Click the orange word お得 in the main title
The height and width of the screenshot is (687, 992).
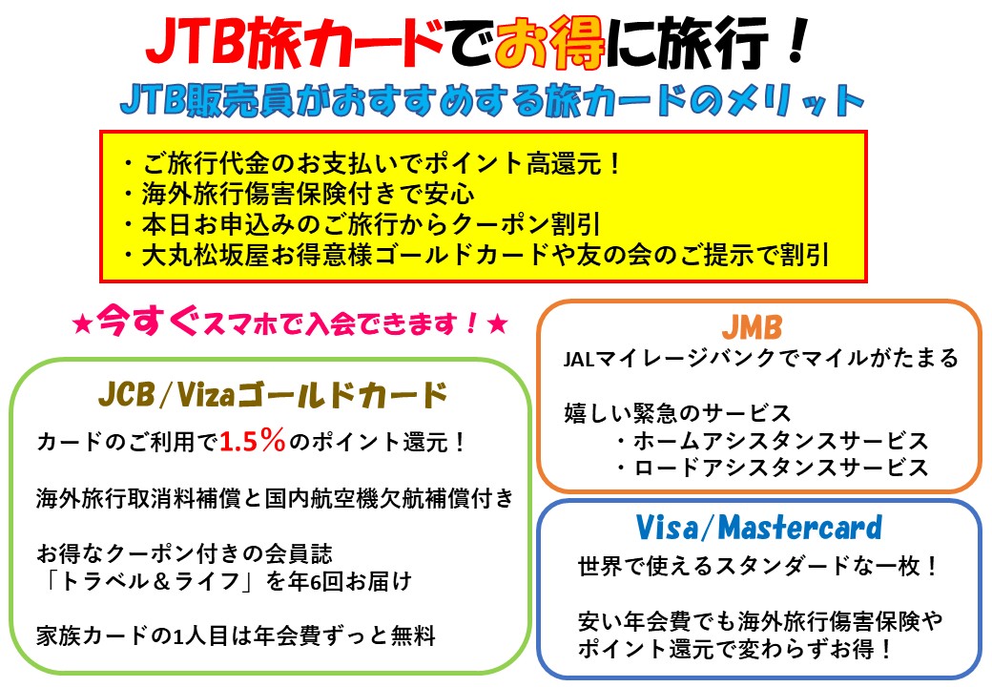[549, 43]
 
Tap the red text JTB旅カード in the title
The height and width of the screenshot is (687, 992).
[294, 43]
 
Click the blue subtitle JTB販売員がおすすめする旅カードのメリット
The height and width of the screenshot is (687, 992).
[492, 100]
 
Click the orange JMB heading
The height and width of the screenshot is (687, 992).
[753, 327]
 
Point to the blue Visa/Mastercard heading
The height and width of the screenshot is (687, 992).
[758, 528]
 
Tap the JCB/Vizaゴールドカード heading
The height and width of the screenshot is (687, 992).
[273, 395]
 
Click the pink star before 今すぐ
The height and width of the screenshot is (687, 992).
[82, 325]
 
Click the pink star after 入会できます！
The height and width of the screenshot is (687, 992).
[498, 325]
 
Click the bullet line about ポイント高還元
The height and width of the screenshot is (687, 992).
[373, 164]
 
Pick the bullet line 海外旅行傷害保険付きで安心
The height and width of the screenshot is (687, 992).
[298, 195]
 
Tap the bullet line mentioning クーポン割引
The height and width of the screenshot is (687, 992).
[362, 224]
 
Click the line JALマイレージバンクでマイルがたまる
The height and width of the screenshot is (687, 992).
[761, 359]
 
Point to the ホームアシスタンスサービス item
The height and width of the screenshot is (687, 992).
[772, 440]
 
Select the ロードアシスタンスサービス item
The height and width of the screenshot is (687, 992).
[772, 468]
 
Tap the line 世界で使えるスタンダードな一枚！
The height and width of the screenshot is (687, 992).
[758, 566]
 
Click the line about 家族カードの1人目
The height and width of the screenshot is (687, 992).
[236, 635]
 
